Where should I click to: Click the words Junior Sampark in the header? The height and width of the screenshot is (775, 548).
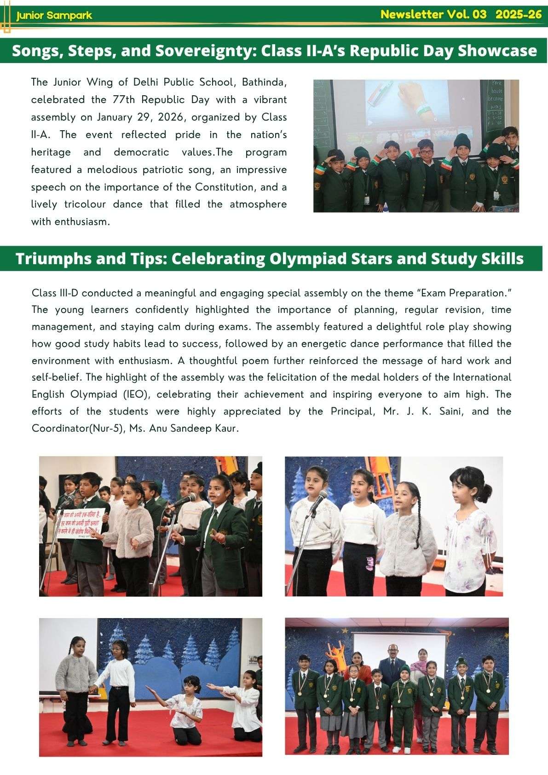[x=54, y=16]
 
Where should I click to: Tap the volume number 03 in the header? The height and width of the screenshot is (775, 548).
[x=479, y=14]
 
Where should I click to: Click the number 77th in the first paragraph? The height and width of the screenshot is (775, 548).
[x=122, y=99]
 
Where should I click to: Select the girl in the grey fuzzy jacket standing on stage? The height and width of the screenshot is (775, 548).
[x=76, y=677]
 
